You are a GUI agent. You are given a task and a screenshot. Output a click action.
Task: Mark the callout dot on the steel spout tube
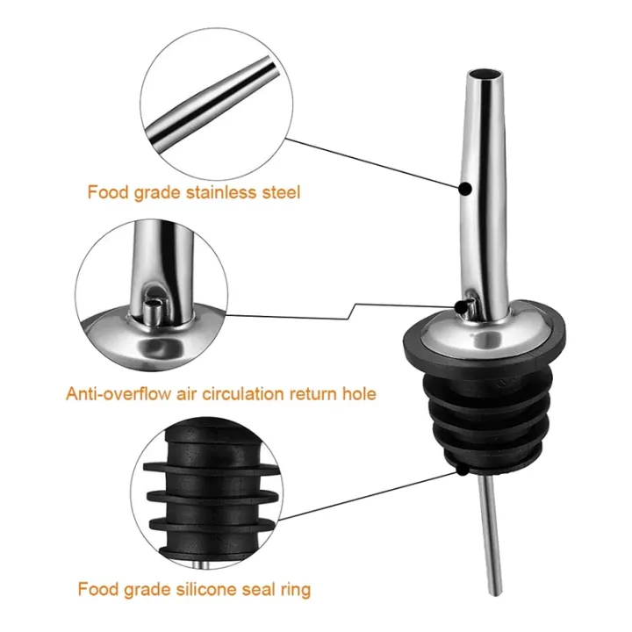464,185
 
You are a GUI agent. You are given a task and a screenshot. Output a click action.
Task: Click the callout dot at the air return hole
461,305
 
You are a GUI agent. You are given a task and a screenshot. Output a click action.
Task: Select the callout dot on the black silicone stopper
462,469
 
